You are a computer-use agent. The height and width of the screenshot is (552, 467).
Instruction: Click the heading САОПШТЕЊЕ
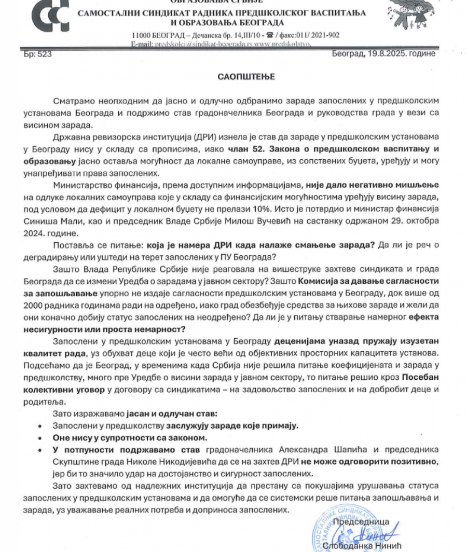click(246, 77)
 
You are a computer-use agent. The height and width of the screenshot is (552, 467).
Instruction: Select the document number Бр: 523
click(38, 53)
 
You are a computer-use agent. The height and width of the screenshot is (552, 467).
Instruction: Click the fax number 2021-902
click(323, 35)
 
